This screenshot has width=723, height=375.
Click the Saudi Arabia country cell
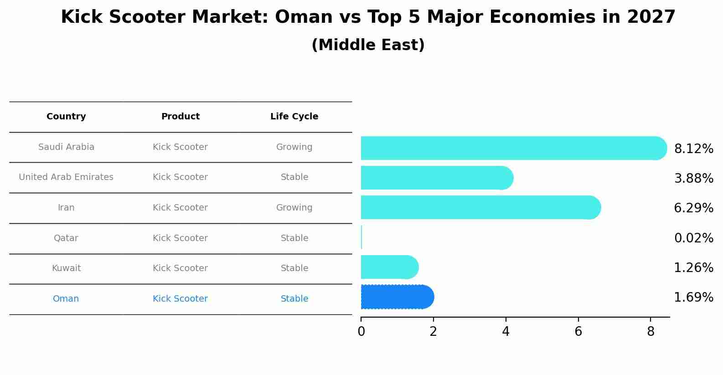(x=66, y=147)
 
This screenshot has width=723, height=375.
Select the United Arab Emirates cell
(x=66, y=177)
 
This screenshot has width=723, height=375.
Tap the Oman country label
(x=66, y=299)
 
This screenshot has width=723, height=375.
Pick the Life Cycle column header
(x=294, y=117)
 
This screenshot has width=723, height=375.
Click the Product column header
(x=181, y=117)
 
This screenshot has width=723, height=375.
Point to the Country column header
(x=66, y=117)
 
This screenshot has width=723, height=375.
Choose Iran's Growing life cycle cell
(x=294, y=208)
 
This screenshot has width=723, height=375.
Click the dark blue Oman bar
(x=397, y=297)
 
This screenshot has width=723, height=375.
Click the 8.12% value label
(x=693, y=149)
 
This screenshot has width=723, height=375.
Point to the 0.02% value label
(x=693, y=238)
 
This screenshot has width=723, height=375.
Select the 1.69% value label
(x=693, y=298)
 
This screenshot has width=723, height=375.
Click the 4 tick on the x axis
(x=506, y=332)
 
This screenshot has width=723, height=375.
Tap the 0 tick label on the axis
(x=361, y=332)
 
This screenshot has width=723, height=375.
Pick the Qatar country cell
(x=66, y=238)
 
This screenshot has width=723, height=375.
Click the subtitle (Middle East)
(x=368, y=45)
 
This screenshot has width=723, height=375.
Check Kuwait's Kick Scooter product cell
(x=180, y=268)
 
